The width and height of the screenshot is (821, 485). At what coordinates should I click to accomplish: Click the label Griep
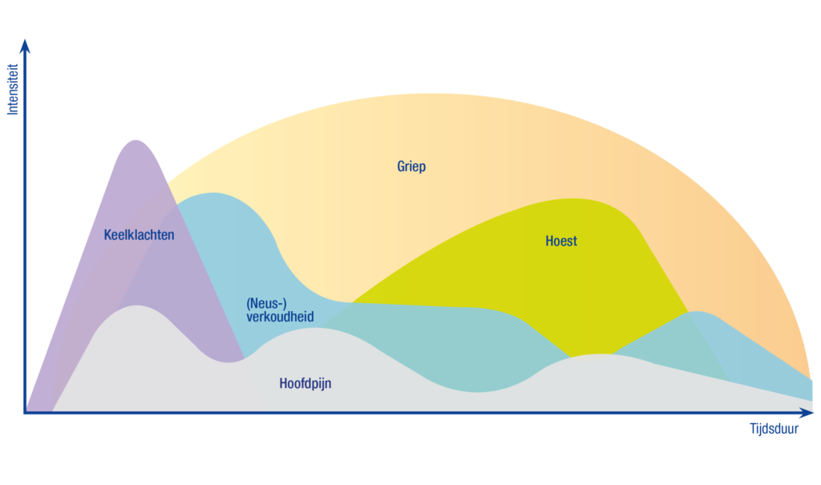coord(411,167)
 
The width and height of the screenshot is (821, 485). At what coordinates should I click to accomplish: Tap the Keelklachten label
coord(139,235)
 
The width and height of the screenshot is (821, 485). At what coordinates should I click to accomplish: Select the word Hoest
coord(560,241)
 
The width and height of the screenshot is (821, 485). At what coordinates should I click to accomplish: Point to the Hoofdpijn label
coord(305,383)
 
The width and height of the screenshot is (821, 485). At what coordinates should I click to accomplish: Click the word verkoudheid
coord(280,317)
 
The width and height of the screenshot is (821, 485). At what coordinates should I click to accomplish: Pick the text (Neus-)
coord(266,303)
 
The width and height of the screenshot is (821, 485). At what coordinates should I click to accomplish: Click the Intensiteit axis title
coord(13,89)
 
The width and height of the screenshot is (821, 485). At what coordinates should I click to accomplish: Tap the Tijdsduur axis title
coord(774,428)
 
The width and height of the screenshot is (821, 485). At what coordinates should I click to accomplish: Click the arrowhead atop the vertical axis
coord(25,46)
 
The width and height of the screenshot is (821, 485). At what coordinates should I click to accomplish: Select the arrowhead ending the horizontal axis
coord(807,413)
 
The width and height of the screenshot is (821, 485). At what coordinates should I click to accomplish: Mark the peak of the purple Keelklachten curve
coord(136,140)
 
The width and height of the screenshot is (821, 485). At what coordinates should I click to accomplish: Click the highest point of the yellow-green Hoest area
coord(572,199)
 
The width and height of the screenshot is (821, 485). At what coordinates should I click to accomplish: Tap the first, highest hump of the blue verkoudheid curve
coord(212,193)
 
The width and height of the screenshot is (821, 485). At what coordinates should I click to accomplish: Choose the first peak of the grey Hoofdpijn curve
coord(136,306)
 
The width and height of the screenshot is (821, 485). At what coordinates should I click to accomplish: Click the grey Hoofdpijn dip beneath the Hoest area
coord(476,392)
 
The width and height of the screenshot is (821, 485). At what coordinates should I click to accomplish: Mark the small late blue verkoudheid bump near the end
coord(697,312)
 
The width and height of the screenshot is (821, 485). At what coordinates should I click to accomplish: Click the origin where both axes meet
coord(25,413)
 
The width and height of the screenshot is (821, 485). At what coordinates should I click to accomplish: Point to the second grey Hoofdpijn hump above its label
coord(314,329)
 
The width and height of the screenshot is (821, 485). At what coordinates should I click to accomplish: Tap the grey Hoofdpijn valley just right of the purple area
coord(228,362)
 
